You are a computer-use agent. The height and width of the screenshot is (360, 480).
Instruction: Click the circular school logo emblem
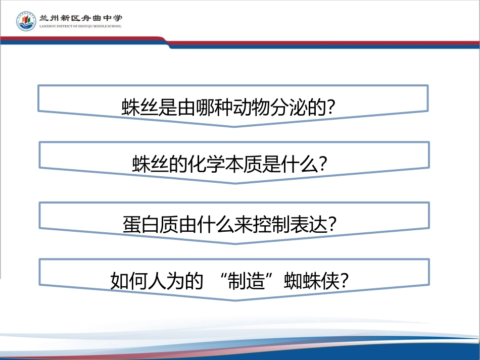pos(26,21)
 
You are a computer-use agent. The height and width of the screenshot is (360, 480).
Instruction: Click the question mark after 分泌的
pos(331,108)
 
